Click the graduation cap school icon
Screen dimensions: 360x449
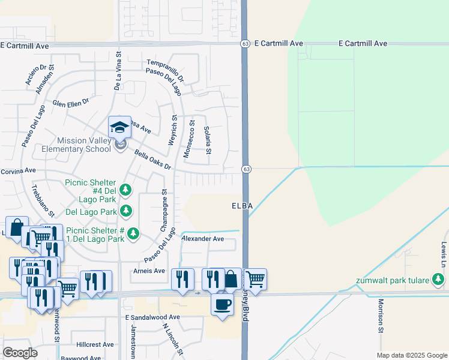point(119,128)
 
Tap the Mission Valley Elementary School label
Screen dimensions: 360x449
point(76,144)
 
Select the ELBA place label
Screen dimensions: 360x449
point(241,206)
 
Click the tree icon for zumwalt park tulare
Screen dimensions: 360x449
point(439,279)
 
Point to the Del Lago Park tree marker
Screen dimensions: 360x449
point(126,211)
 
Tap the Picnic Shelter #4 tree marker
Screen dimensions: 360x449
point(125,190)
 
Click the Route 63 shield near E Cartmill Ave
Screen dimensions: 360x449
point(246,44)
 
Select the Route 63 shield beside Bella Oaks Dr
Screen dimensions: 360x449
point(246,169)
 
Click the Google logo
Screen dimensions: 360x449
point(20,353)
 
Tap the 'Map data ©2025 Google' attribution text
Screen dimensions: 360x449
point(412,355)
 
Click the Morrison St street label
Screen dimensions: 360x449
point(381,316)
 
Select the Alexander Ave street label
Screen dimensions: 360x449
point(202,239)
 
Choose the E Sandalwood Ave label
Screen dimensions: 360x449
point(152,317)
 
